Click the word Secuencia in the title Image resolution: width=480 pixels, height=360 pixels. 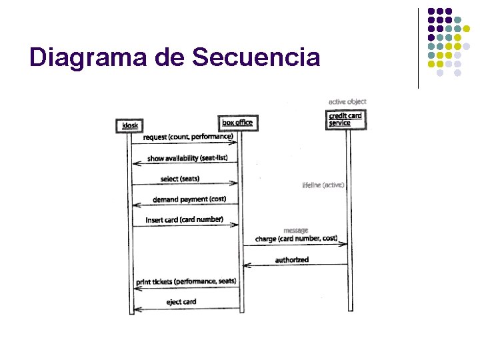[x=255, y=57]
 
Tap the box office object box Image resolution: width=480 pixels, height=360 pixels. [x=237, y=123]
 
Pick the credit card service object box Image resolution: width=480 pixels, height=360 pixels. [x=345, y=119]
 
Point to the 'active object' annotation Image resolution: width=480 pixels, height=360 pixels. [x=347, y=101]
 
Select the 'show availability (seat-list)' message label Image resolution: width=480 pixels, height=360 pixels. [x=187, y=158]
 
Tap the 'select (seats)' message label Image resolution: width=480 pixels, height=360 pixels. [x=180, y=179]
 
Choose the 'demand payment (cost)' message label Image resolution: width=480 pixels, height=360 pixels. [x=189, y=199]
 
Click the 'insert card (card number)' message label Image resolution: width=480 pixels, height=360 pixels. [x=184, y=219]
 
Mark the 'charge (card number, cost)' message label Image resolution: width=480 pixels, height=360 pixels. [x=296, y=239]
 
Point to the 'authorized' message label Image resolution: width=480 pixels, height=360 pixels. [x=292, y=259]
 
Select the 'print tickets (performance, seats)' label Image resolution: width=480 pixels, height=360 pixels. [x=186, y=281]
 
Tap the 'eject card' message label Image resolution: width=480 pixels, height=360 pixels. [x=181, y=301]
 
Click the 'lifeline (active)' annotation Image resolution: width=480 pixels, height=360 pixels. [x=323, y=185]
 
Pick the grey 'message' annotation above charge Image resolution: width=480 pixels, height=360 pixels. [x=295, y=231]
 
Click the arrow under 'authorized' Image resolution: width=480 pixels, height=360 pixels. [x=295, y=265]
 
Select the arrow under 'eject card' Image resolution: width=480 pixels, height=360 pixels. [x=186, y=309]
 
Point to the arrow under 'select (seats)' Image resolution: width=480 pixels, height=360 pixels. [x=186, y=185]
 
